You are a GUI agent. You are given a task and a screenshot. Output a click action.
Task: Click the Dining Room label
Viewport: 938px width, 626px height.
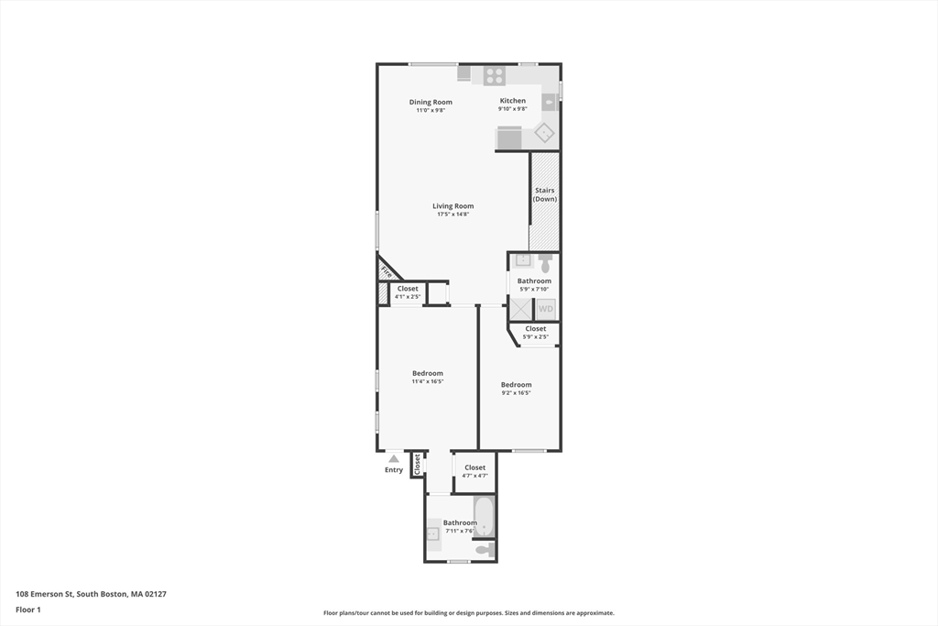click(x=431, y=102)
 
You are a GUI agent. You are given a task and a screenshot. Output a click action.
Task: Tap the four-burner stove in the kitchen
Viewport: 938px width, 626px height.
click(x=495, y=75)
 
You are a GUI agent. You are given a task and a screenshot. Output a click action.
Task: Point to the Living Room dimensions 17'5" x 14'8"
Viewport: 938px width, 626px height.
click(x=453, y=214)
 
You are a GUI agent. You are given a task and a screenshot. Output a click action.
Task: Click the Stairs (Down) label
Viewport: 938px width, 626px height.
click(x=545, y=194)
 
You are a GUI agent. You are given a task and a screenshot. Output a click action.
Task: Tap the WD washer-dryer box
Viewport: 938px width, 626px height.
click(x=545, y=309)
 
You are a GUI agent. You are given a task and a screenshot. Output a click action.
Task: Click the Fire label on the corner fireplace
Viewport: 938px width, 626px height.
click(x=387, y=272)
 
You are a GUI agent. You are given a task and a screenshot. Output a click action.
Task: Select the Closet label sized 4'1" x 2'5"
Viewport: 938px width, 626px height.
click(x=408, y=289)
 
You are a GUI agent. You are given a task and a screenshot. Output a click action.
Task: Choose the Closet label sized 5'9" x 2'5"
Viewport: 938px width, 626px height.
click(x=535, y=328)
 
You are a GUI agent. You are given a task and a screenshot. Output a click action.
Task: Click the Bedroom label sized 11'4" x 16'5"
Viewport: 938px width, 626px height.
click(x=428, y=373)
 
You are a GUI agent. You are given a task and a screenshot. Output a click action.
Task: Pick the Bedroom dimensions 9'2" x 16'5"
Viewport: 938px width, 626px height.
click(x=516, y=393)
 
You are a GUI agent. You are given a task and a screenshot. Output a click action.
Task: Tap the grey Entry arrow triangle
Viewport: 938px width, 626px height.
click(x=394, y=458)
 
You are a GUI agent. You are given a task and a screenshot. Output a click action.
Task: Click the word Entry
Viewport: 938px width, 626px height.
click(x=394, y=470)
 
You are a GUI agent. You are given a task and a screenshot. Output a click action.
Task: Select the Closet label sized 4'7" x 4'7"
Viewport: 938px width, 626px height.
click(x=474, y=467)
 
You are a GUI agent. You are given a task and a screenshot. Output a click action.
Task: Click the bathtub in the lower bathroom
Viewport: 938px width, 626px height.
click(x=484, y=518)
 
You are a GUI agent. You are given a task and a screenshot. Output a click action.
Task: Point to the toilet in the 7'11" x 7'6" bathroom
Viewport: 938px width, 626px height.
click(x=485, y=550)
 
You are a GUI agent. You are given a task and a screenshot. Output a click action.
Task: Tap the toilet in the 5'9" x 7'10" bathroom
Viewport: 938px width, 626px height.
click(x=546, y=260)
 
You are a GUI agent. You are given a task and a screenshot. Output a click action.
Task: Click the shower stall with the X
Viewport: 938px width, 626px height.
click(x=521, y=309)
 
